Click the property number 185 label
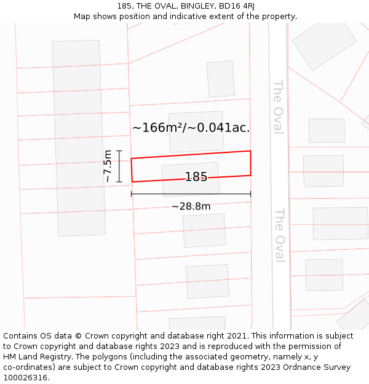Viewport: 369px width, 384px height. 196,177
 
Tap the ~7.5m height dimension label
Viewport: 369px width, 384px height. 108,166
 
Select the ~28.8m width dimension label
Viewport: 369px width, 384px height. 191,206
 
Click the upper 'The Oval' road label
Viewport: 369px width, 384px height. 278,106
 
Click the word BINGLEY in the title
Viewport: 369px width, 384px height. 191,6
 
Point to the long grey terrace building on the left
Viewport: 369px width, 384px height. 79,138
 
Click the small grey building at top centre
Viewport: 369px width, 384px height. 220,79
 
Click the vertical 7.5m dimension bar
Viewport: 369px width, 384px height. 120,166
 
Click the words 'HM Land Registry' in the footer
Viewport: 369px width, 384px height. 36,357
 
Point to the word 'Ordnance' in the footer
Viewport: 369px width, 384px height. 288,367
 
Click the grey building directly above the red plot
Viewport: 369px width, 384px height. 196,132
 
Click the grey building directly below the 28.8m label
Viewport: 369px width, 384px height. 204,230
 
